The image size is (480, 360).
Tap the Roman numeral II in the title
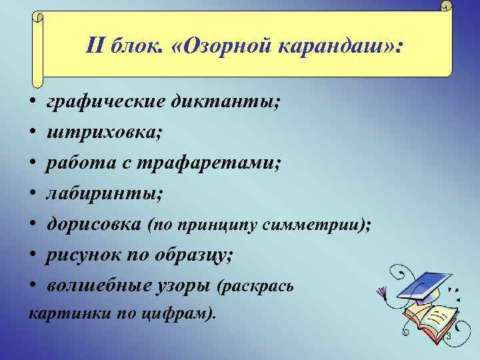[x=97, y=47]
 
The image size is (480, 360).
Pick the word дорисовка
[x=93, y=225]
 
